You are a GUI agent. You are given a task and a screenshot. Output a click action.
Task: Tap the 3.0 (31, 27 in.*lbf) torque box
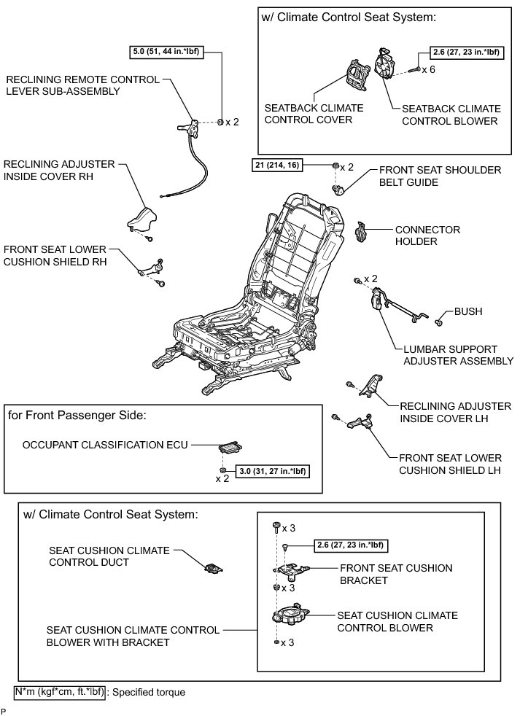267,471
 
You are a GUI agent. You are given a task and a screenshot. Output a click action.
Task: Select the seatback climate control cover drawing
358,77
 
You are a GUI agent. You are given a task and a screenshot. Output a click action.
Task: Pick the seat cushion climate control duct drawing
213,569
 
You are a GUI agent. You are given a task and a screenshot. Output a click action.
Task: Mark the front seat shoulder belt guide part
339,190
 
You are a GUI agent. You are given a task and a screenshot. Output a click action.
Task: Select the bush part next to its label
441,319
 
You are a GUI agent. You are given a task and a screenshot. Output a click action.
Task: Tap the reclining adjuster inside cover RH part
144,218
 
